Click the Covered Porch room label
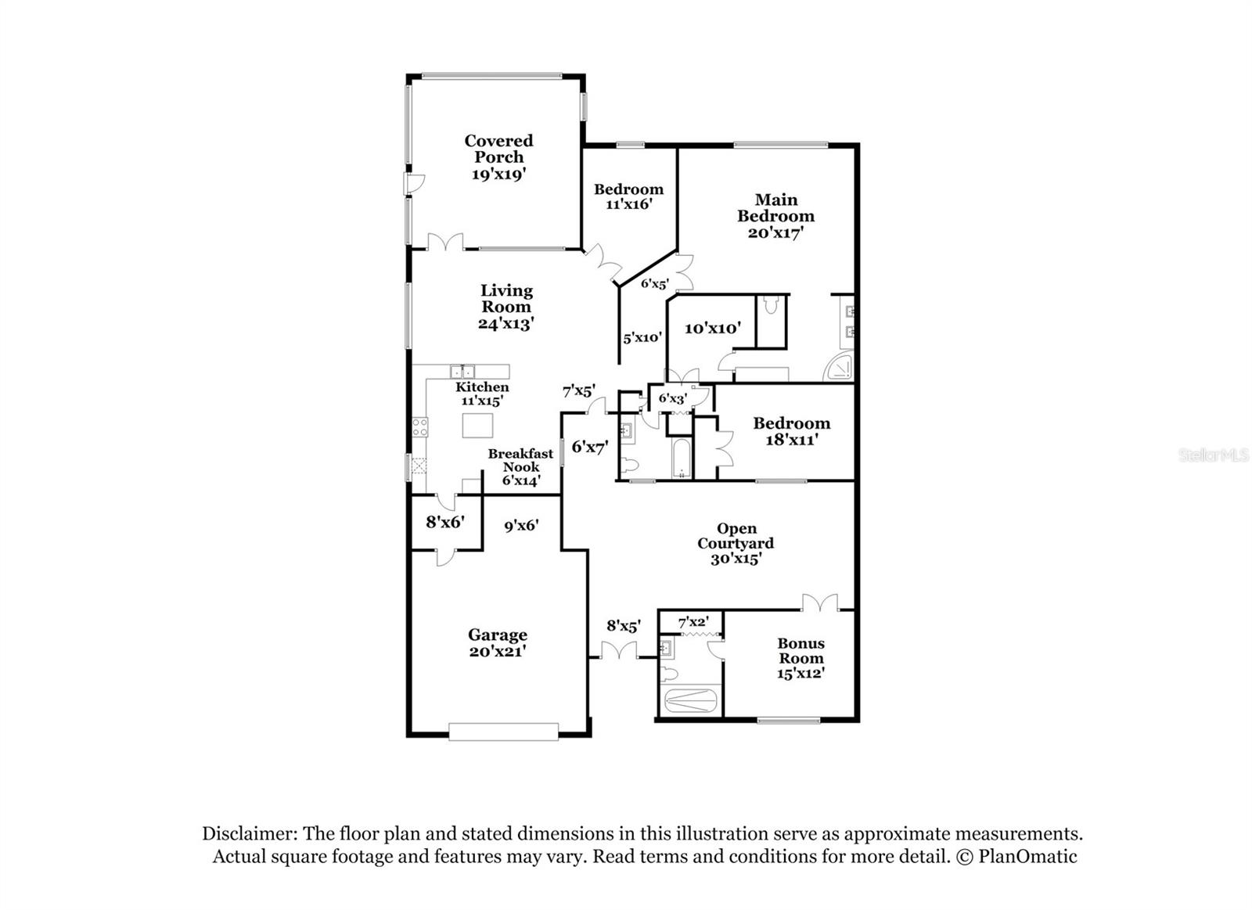[498, 157]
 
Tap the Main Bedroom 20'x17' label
[775, 216]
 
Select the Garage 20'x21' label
[498, 643]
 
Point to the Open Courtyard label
[736, 543]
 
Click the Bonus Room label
[800, 658]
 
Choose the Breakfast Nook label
[520, 467]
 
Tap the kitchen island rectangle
[477, 426]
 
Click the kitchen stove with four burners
[419, 427]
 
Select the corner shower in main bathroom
[840, 367]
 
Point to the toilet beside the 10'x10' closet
[771, 305]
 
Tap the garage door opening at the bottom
[503, 732]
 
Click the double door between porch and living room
[445, 242]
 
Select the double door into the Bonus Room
[820, 602]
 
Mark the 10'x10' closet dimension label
[713, 328]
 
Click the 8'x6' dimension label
[445, 522]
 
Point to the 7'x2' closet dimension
[693, 621]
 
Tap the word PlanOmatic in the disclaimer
[1027, 857]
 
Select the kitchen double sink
[462, 371]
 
